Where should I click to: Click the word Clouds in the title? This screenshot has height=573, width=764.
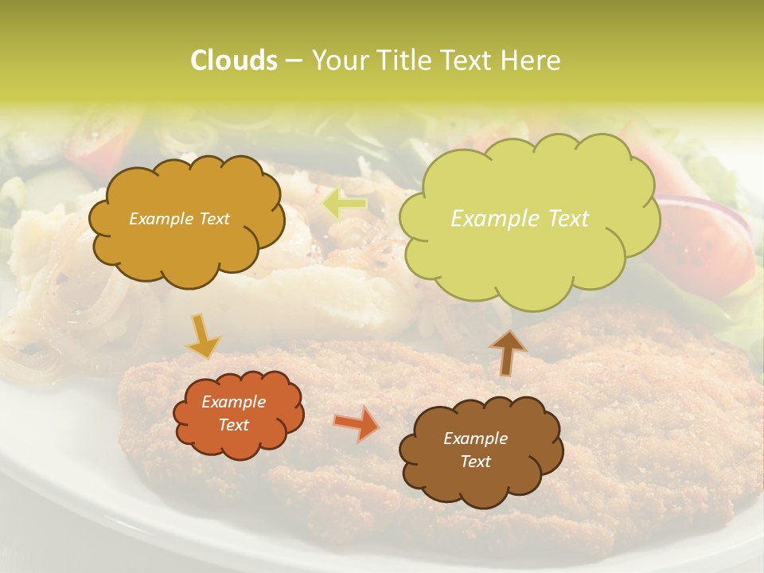pyautogui.click(x=233, y=60)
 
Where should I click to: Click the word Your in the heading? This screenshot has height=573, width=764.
pyautogui.click(x=340, y=60)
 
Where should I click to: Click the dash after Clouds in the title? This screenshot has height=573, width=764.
pyautogui.click(x=294, y=61)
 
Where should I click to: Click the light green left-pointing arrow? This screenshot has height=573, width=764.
pyautogui.click(x=345, y=205)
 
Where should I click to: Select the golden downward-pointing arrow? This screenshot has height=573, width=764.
pyautogui.click(x=203, y=337)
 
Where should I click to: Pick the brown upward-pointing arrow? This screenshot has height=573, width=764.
pyautogui.click(x=507, y=353)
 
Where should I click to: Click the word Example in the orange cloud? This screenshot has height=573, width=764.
pyautogui.click(x=234, y=402)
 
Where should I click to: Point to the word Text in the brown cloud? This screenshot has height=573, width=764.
pyautogui.click(x=475, y=462)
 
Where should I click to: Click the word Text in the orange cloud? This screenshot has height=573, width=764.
pyautogui.click(x=234, y=425)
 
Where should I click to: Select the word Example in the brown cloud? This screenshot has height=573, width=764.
pyautogui.click(x=475, y=439)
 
